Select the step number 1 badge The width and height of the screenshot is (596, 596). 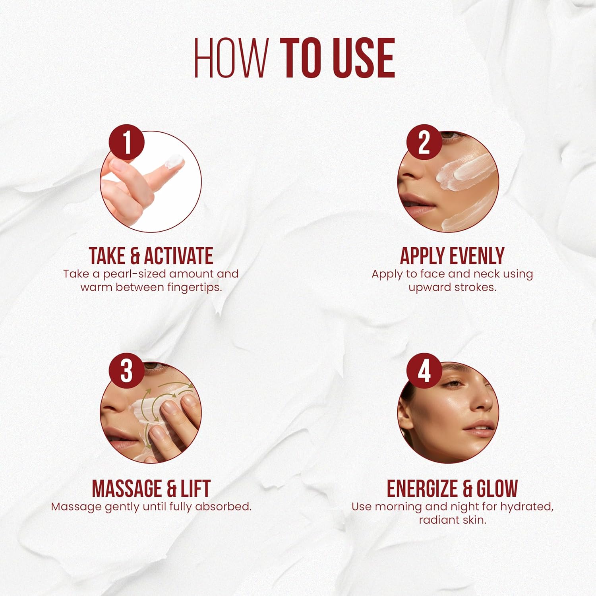tap(127, 142)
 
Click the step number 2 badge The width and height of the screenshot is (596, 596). tap(424, 142)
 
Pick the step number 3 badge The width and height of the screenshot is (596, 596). tap(127, 371)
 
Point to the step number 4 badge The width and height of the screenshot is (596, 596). tap(424, 371)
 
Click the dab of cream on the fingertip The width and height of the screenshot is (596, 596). tap(175, 161)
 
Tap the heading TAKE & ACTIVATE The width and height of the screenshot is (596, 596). tap(151, 255)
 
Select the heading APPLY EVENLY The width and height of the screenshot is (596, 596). tap(452, 255)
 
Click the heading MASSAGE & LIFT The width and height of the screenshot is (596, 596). tap(151, 488)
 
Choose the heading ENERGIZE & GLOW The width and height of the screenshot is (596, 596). tap(452, 488)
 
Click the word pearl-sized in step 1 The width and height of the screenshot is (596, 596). tap(134, 274)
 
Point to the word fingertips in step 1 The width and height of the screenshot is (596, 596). tap(195, 288)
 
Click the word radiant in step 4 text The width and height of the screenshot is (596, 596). tap(436, 520)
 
